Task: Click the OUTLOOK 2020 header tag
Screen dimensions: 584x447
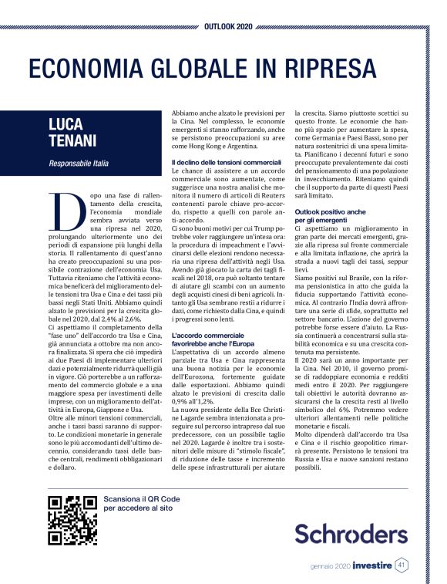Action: click(228, 26)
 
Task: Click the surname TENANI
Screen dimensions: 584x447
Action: click(74, 143)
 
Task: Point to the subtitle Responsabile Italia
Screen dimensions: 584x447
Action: click(79, 164)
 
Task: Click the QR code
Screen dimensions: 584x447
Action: click(72, 521)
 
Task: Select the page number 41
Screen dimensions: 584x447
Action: click(401, 565)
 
